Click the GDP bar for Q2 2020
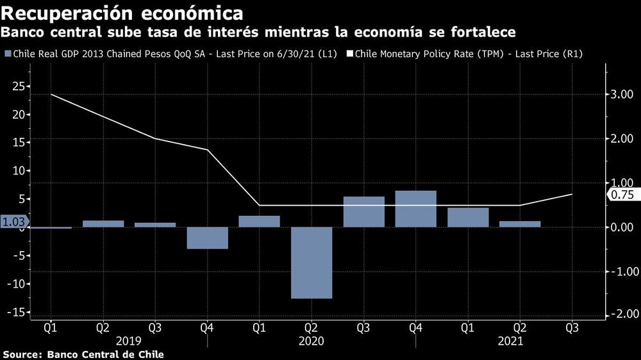(312, 263)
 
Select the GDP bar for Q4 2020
(415, 209)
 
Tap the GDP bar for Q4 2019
(207, 238)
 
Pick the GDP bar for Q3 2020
(363, 212)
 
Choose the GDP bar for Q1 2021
(468, 217)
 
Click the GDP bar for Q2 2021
(520, 224)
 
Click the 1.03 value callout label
(12, 221)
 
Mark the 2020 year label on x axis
(312, 341)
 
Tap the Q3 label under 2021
(572, 327)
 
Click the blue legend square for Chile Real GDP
(7, 54)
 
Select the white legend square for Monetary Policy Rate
(350, 54)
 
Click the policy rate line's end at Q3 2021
(572, 194)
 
